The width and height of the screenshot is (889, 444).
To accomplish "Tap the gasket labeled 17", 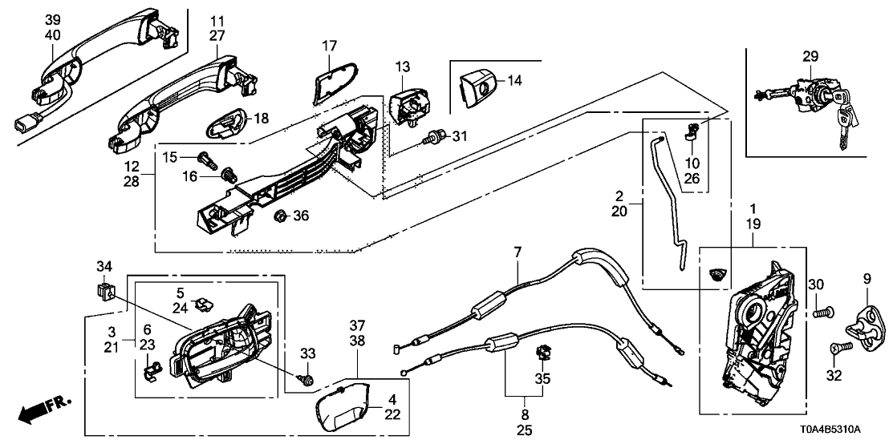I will tap(330, 84).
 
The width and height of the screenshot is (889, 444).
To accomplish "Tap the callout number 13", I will tap(403, 65).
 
